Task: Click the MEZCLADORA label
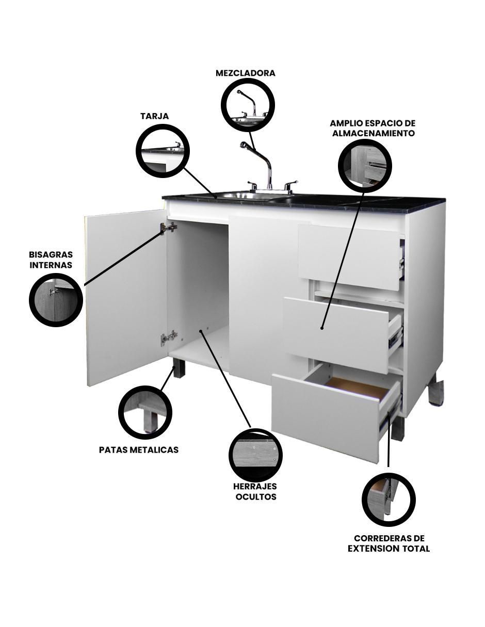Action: pos(245,73)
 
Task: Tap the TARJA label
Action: pos(155,116)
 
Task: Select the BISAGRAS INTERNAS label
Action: pos(51,260)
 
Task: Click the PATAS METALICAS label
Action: pos(138,450)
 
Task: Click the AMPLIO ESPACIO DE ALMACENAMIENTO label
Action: pos(373,128)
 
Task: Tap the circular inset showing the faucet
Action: pos(248,104)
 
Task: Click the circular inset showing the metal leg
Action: pos(145,411)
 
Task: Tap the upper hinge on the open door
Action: pos(169,228)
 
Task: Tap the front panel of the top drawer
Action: pos(349,253)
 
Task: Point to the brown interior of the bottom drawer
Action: pos(357,388)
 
